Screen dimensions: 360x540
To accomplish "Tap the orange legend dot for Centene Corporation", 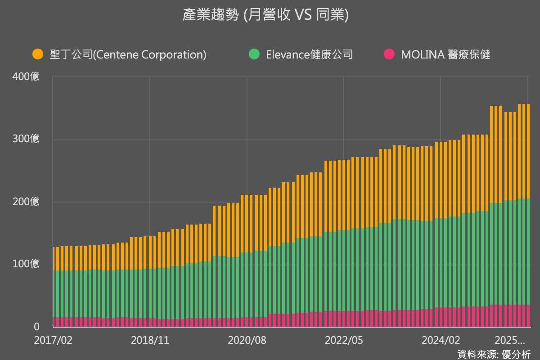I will (x=38, y=54).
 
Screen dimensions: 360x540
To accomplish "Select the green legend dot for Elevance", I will (x=254, y=54).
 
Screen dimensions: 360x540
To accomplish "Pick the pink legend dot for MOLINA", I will (x=389, y=54).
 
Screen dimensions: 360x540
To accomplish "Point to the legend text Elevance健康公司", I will (x=309, y=55).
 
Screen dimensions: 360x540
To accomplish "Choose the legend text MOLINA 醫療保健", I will (x=445, y=55).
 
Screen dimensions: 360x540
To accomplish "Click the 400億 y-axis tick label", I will (x=26, y=76).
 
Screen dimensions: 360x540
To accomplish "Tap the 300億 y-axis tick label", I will (x=26, y=139).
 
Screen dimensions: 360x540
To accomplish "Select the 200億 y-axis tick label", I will (x=26, y=202).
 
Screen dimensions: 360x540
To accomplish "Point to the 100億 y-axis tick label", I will (x=26, y=264).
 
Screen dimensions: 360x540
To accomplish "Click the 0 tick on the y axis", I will (x=37, y=326).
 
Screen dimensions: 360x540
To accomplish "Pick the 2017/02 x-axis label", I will (x=53, y=340).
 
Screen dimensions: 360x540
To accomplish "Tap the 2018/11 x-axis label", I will (x=150, y=340).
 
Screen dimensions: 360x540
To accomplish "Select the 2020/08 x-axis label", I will (x=247, y=340).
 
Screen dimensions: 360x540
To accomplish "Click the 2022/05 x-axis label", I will (x=343, y=340).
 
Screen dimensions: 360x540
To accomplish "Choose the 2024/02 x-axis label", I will (x=441, y=340).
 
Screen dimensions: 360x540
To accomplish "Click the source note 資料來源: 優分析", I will (x=494, y=354).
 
